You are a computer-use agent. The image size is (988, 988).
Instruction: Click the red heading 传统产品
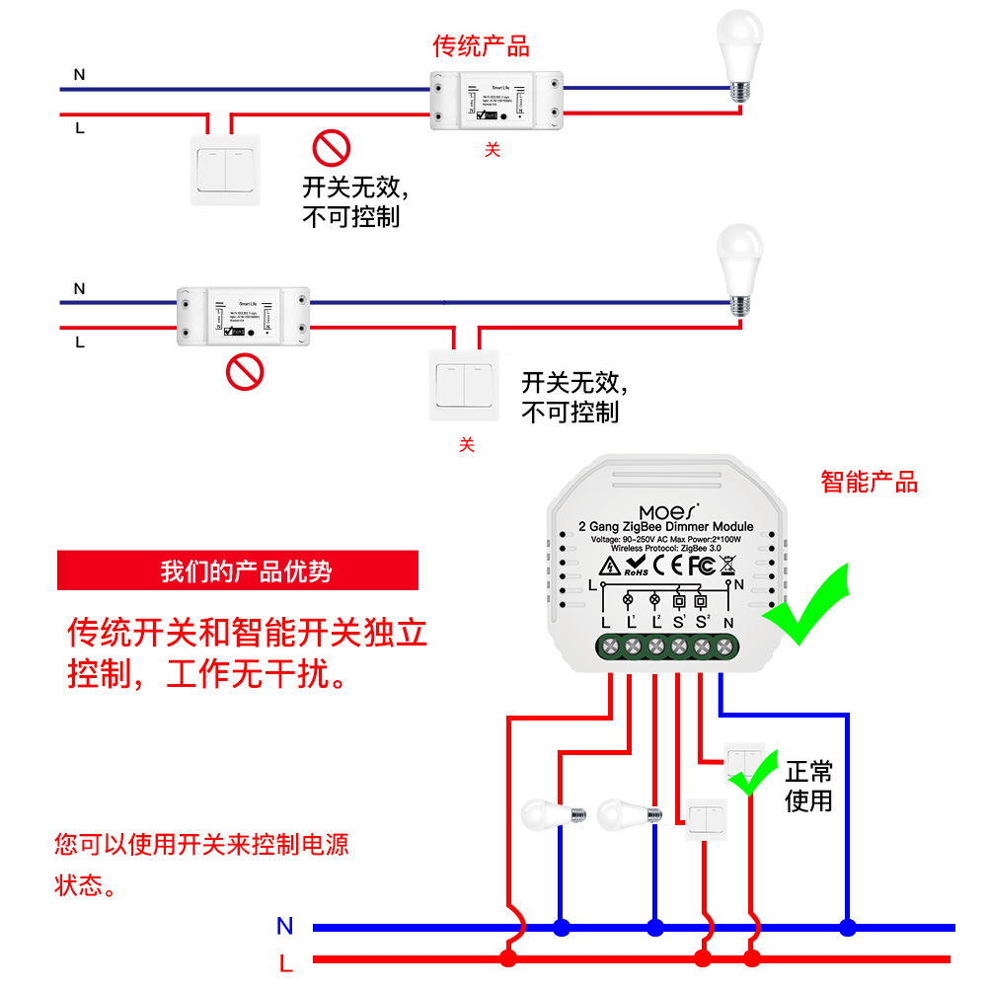tap(481, 46)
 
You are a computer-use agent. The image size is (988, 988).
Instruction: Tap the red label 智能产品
tap(869, 482)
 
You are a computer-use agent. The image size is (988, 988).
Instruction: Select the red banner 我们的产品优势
tap(238, 571)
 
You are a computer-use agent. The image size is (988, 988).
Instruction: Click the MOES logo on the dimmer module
tap(668, 512)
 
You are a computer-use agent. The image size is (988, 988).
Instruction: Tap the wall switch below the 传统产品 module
tap(226, 169)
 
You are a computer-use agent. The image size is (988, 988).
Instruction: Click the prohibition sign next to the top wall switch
tap(332, 148)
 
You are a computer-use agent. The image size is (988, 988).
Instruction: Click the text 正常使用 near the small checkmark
tap(808, 786)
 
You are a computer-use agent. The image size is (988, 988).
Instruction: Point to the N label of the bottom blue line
tap(284, 926)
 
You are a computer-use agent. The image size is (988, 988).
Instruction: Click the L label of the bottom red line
tap(285, 961)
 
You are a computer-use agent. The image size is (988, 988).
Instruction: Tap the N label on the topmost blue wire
tap(79, 74)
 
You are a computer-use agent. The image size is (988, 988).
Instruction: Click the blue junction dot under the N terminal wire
tap(847, 928)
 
